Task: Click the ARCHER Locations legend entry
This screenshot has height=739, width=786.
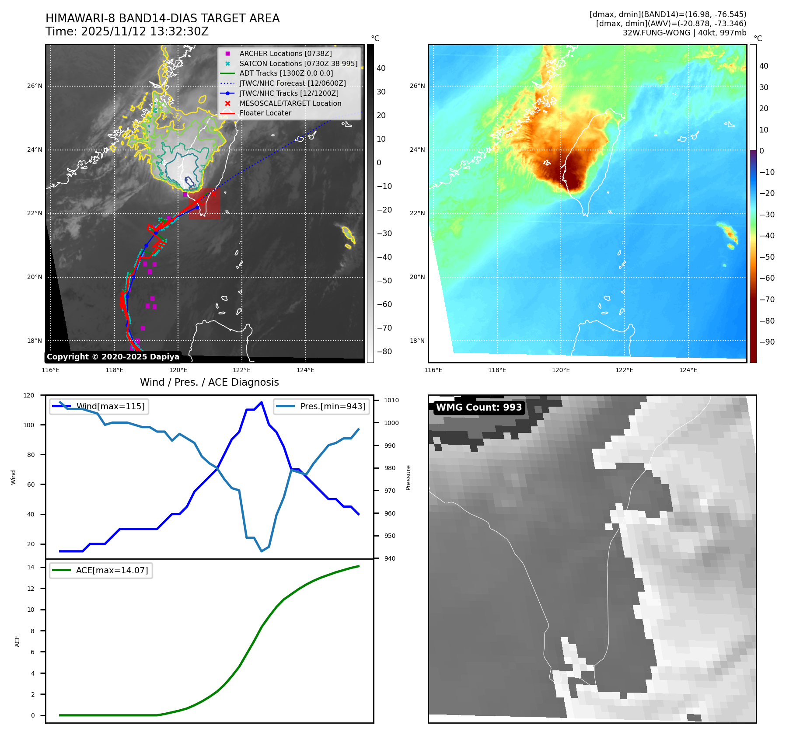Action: click(285, 53)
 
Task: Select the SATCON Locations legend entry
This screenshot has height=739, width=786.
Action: click(298, 63)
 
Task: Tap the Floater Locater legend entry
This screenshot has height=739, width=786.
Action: click(265, 113)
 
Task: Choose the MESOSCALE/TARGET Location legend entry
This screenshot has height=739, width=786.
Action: click(290, 103)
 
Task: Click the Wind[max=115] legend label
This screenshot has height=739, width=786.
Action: click(110, 406)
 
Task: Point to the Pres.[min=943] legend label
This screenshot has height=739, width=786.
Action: click(333, 406)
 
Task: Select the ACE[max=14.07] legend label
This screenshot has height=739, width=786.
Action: click(112, 570)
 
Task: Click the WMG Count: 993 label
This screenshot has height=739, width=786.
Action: click(479, 408)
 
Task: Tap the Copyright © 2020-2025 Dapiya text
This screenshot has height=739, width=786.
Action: click(113, 357)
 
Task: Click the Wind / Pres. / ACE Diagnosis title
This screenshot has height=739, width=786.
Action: click(209, 382)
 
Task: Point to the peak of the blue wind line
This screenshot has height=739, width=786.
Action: click(262, 402)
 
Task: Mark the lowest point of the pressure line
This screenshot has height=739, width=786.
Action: click(262, 551)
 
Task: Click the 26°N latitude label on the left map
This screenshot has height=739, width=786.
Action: click(35, 86)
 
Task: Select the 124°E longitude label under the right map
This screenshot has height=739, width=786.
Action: click(688, 370)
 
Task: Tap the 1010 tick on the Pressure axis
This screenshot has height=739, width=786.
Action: click(391, 400)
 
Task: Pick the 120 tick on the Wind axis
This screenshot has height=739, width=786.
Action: click(29, 395)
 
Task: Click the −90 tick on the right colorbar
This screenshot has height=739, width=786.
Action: click(767, 342)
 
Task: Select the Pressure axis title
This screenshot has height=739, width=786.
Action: click(408, 478)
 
